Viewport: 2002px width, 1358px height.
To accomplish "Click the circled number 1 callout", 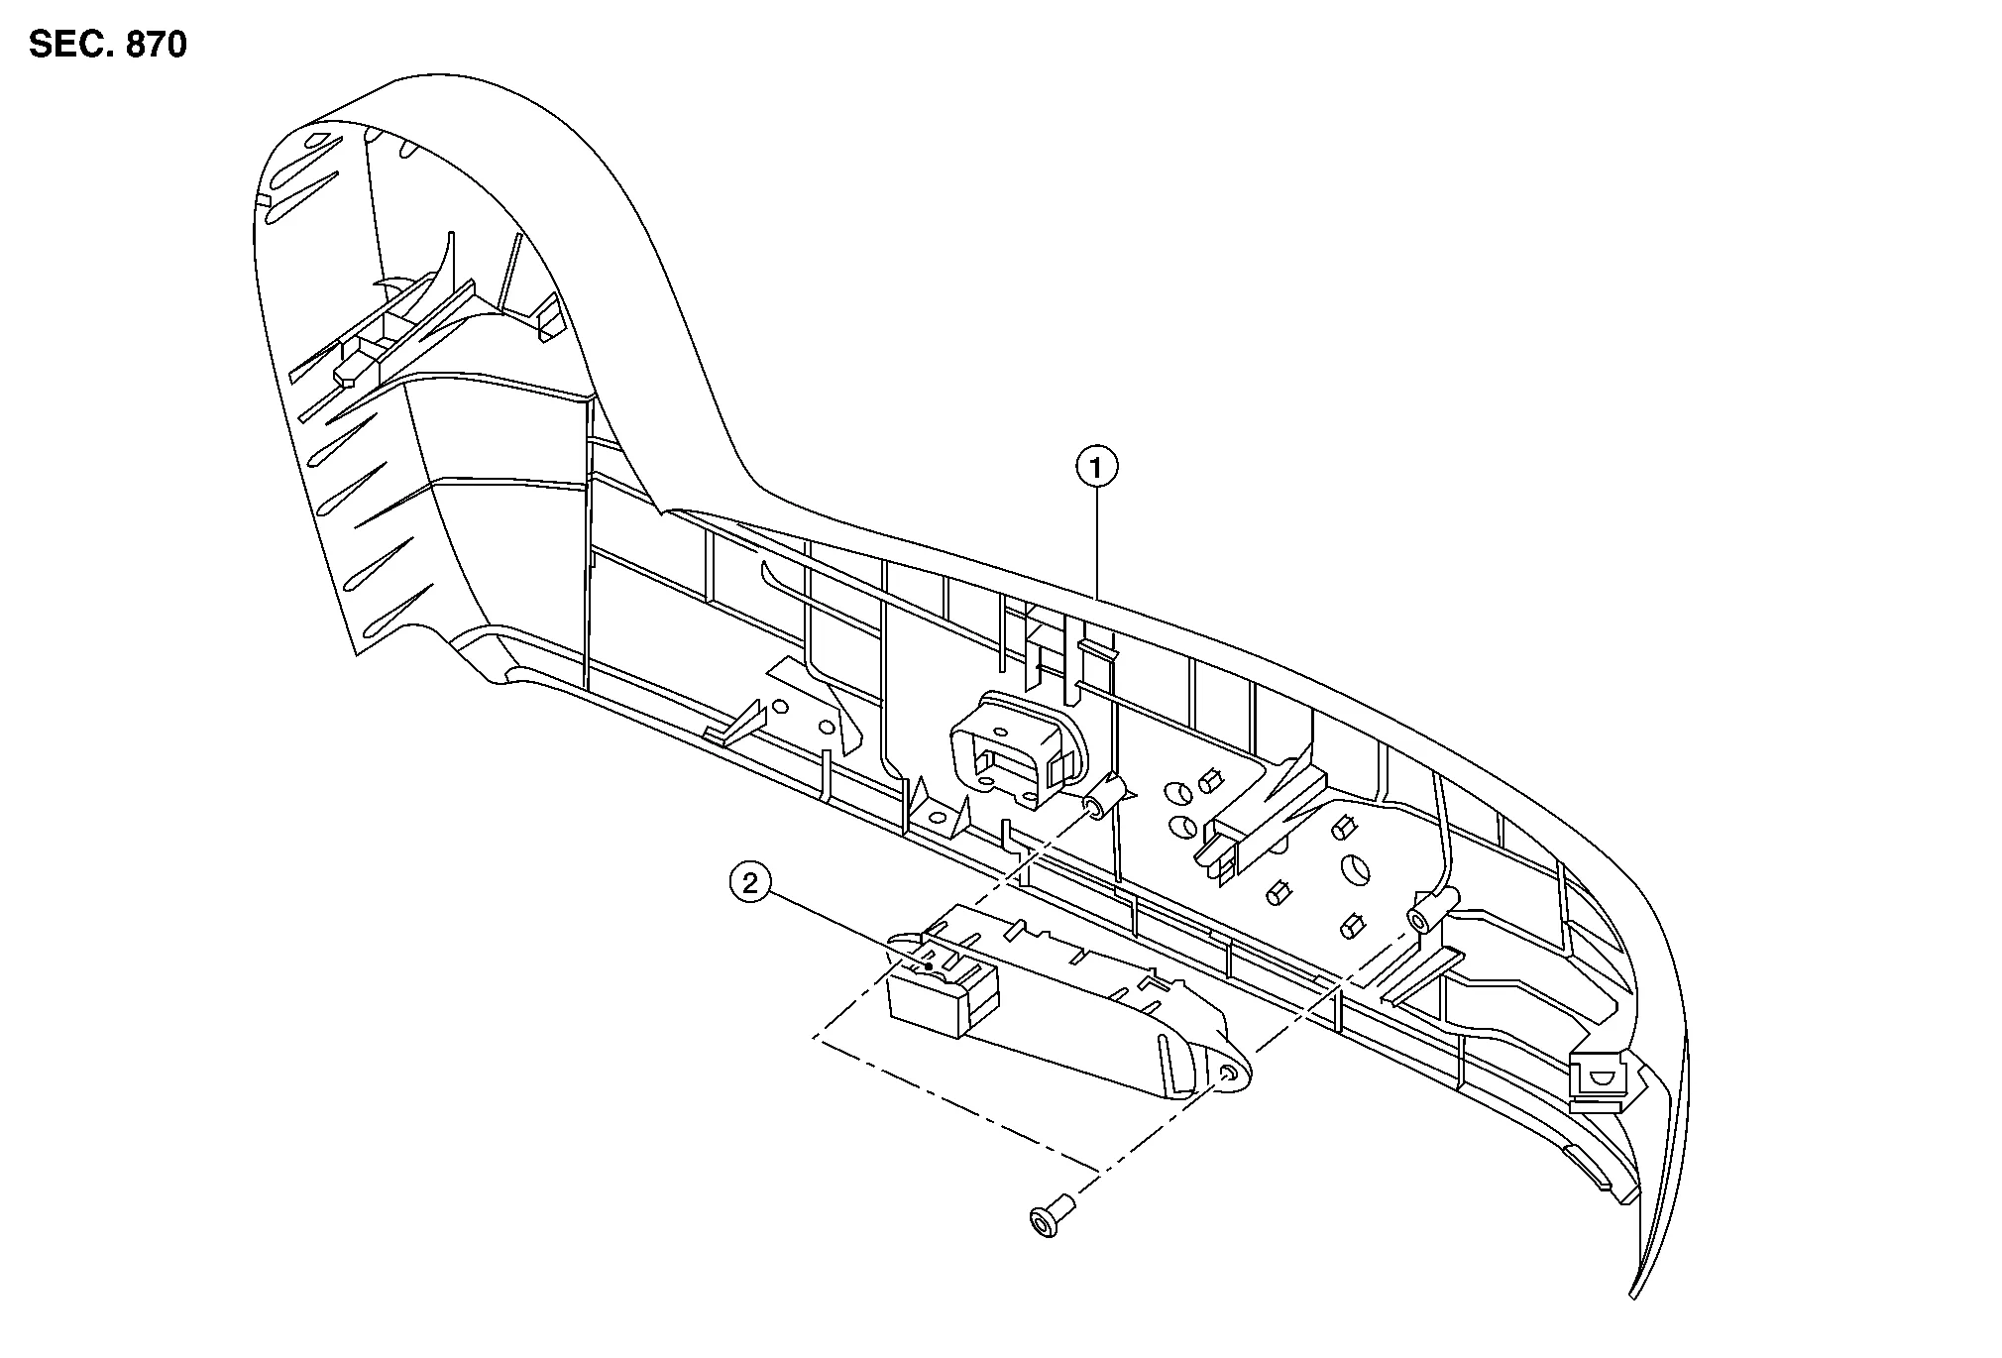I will pyautogui.click(x=1096, y=468).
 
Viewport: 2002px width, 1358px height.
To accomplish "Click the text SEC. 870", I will pyautogui.click(x=108, y=45).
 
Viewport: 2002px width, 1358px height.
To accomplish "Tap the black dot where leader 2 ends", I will pyautogui.click(x=929, y=966).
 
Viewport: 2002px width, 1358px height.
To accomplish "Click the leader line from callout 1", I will pyautogui.click(x=1096, y=545).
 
